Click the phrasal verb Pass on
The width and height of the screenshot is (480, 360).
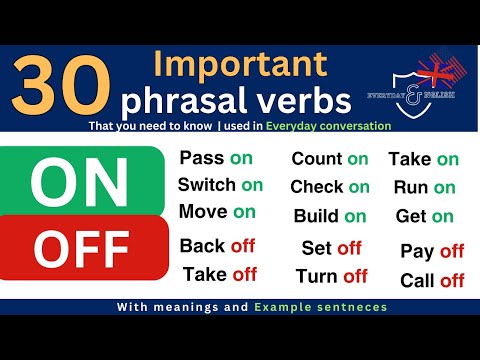pos(217,158)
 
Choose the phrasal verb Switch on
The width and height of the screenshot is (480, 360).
pos(220,184)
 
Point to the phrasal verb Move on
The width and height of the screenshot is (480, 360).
pos(217,211)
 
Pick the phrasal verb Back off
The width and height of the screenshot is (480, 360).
pos(217,246)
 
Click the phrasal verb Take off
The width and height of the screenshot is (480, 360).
pos(220,274)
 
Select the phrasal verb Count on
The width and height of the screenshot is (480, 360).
pos(330,159)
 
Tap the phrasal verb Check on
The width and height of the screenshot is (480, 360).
pos(330,187)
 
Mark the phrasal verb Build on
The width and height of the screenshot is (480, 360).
pos(330,216)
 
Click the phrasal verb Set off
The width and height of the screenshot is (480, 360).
pos(331,248)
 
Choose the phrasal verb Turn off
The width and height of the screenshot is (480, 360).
pos(331,276)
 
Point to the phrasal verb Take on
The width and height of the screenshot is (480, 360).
pos(424,159)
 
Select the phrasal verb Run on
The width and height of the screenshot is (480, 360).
pos(424,187)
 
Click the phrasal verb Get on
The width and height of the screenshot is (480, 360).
pos(424,216)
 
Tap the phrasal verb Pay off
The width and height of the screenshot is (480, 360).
pos(432,251)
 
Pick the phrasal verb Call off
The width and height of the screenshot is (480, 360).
pos(432,280)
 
